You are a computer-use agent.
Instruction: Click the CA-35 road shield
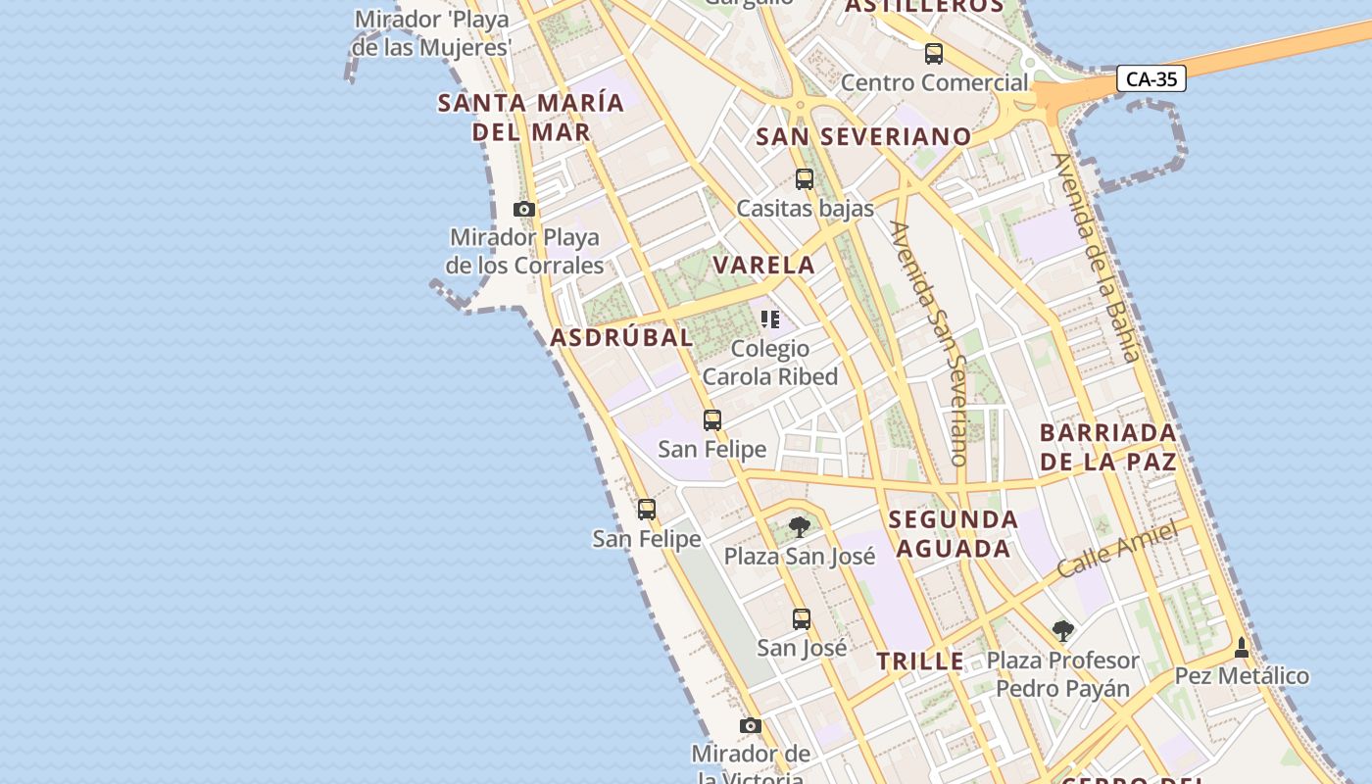point(1151,78)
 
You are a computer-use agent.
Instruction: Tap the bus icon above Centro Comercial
point(934,54)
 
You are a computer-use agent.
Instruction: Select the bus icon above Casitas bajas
point(805,179)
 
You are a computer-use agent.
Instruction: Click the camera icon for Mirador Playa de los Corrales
point(524,209)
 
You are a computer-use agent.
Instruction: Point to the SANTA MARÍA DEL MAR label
point(530,117)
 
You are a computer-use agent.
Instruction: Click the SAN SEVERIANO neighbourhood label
point(863,136)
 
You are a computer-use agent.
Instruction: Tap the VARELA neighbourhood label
point(763,265)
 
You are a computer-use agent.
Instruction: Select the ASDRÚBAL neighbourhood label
point(621,337)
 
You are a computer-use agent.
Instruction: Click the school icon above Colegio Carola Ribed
point(770,319)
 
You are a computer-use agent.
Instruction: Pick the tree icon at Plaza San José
point(800,527)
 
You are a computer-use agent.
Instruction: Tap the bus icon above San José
point(802,619)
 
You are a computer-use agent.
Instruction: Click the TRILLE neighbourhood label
point(920,661)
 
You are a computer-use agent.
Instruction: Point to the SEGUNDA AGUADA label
point(954,533)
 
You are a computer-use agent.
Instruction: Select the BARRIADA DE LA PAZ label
point(1107,447)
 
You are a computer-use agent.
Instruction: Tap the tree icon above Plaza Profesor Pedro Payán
point(1063,631)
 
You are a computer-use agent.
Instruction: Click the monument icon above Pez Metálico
point(1242,648)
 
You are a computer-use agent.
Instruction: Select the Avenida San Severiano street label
point(930,342)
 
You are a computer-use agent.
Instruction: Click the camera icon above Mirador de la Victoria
point(751,725)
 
